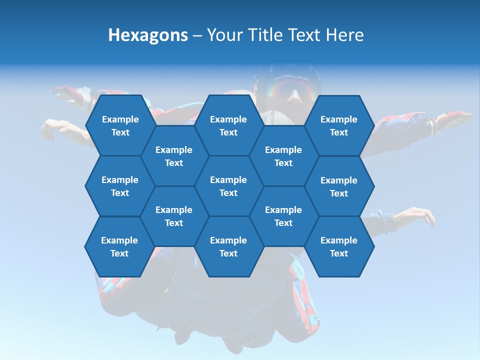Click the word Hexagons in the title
coord(148,35)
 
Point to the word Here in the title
coord(344,35)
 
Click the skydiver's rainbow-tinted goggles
coord(290,90)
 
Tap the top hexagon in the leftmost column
coord(120,125)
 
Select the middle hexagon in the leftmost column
coord(120,186)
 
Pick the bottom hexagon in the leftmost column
coord(119,246)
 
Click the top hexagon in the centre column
coord(228,125)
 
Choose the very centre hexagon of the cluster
coord(228,186)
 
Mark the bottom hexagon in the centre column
coord(228,246)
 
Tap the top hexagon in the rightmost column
coord(339,125)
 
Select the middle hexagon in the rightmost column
coord(339,186)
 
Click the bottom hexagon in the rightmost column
coord(339,246)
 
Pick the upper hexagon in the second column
coord(174,156)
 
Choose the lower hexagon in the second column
coord(174,216)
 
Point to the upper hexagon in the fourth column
coord(283,156)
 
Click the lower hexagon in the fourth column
coord(283,216)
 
